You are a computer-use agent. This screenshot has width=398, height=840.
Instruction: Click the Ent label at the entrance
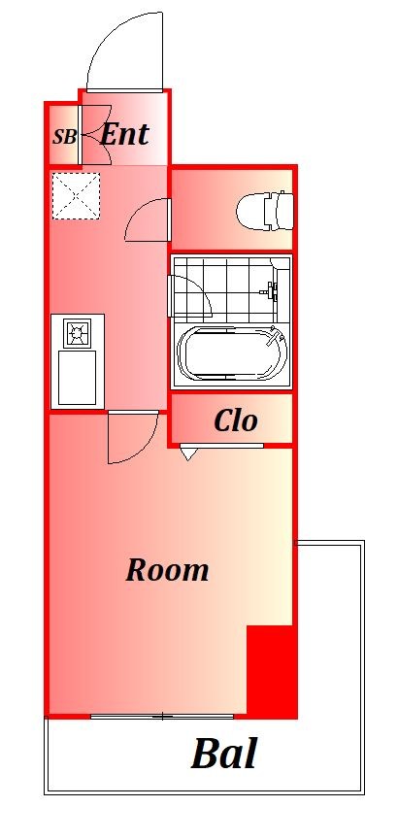[124, 134]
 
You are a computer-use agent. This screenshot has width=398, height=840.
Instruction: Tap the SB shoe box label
[64, 137]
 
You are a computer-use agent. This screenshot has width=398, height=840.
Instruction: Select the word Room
[167, 570]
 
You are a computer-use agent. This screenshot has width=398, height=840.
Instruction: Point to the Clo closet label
[236, 421]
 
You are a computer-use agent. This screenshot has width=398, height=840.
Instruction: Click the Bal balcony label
[224, 754]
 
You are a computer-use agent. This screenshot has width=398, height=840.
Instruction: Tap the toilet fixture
[265, 210]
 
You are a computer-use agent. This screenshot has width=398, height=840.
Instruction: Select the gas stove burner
[77, 333]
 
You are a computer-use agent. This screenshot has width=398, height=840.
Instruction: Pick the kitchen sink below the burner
[77, 378]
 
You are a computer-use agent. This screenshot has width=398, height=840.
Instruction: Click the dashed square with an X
[76, 195]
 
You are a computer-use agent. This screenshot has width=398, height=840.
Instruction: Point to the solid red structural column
[271, 671]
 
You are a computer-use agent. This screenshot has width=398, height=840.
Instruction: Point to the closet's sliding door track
[221, 445]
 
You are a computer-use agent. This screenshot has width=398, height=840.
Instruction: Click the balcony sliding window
[162, 717]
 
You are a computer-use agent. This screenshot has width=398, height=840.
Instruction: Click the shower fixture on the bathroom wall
[270, 291]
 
